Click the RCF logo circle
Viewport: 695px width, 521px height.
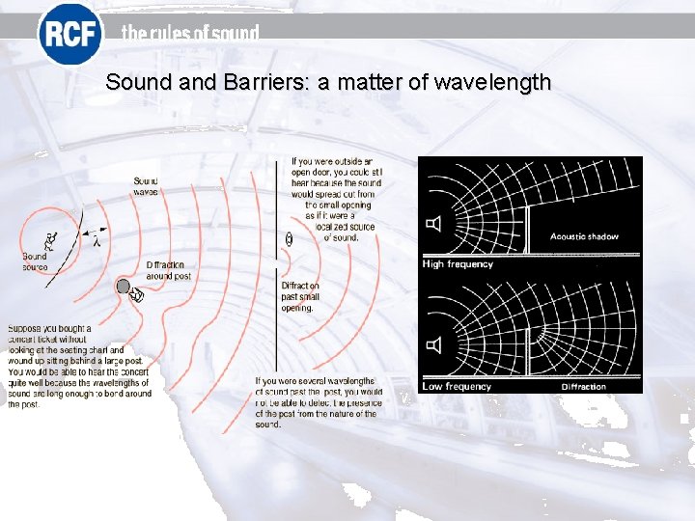pyautogui.click(x=69, y=35)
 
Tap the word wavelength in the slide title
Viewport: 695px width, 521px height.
pyautogui.click(x=492, y=82)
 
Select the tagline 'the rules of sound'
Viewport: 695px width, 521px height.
pyautogui.click(x=190, y=34)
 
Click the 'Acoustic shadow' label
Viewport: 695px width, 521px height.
pyautogui.click(x=584, y=236)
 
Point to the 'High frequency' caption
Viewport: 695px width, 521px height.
pyautogui.click(x=458, y=264)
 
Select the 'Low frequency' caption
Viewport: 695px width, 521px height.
pyautogui.click(x=458, y=386)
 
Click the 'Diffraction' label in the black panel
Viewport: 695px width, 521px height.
pyautogui.click(x=583, y=386)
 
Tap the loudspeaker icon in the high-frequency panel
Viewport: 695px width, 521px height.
pyautogui.click(x=434, y=225)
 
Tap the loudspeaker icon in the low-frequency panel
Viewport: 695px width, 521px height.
pyautogui.click(x=434, y=344)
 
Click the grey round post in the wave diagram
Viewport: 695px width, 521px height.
pyautogui.click(x=124, y=286)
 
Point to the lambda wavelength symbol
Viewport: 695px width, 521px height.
pyautogui.click(x=97, y=237)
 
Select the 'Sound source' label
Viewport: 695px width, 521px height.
pyautogui.click(x=35, y=261)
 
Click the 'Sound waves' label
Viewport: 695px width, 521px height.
pyautogui.click(x=146, y=186)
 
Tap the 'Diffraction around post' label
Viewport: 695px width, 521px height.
pyautogui.click(x=165, y=271)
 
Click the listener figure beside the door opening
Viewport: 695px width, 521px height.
pyautogui.click(x=289, y=239)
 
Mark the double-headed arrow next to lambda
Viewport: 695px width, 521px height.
pyautogui.click(x=85, y=233)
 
